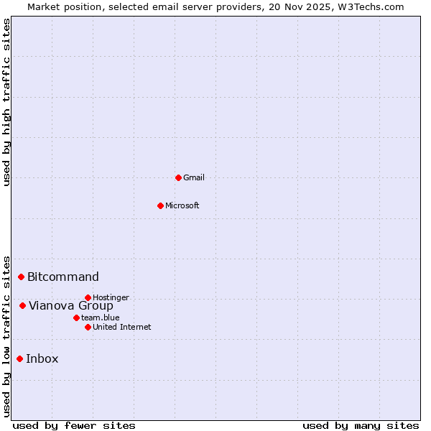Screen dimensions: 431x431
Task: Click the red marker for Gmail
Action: point(178,177)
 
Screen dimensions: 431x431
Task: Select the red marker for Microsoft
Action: point(160,205)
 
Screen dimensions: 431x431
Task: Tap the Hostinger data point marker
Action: point(88,297)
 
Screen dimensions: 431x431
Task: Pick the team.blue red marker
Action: point(76,318)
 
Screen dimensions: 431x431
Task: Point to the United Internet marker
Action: point(88,327)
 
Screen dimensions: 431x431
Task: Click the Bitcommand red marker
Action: point(22,277)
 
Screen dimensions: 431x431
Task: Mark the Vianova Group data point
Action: point(22,305)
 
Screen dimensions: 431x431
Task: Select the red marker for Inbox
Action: point(20,358)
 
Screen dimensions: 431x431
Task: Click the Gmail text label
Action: point(194,177)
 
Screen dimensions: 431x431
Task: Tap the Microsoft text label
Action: point(182,205)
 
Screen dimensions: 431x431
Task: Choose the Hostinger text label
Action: point(111,297)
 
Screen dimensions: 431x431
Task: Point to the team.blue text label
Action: point(101,318)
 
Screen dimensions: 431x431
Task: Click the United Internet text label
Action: point(122,327)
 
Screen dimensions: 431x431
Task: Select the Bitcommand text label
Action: point(63,277)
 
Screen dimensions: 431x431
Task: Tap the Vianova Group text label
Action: point(71,305)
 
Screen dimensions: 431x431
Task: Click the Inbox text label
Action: point(42,358)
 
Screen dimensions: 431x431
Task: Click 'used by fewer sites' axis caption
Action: point(74,425)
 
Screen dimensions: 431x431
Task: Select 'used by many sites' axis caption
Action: point(361,425)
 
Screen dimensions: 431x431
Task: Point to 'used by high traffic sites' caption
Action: point(6,102)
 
